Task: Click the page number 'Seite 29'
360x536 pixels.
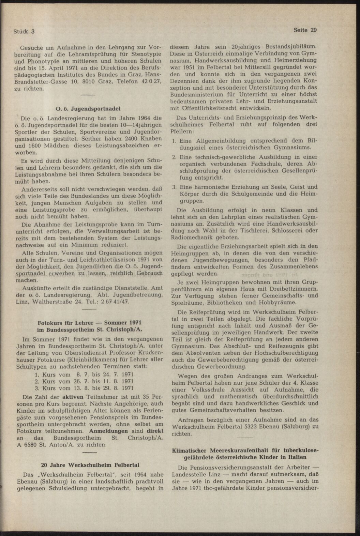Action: (305, 30)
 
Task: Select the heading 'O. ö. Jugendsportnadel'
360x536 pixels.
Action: (88, 109)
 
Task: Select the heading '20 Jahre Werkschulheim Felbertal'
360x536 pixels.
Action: (90, 465)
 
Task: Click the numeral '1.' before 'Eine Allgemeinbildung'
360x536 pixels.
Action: (174, 141)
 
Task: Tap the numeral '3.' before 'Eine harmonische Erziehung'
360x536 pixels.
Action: (174, 187)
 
